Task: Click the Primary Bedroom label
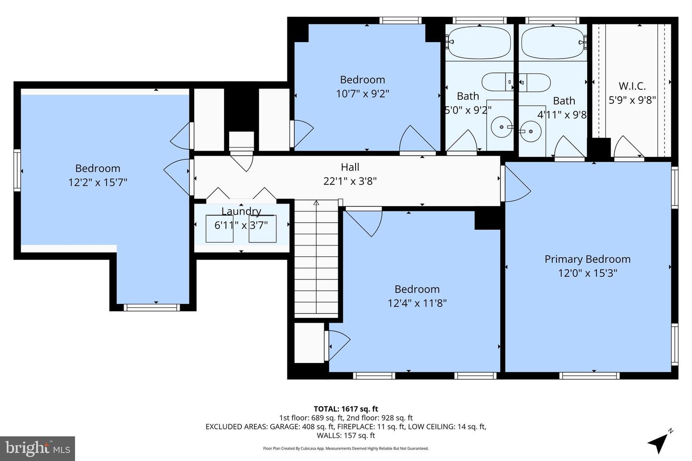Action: click(x=587, y=259)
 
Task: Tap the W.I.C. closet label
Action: click(x=632, y=86)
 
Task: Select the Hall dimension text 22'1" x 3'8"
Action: click(x=350, y=182)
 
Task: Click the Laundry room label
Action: click(x=241, y=211)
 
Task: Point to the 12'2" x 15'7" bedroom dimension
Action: click(x=98, y=182)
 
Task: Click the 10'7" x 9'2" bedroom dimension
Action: click(x=362, y=94)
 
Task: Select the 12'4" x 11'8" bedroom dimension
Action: click(x=417, y=303)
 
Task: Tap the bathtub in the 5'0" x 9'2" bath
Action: click(x=479, y=42)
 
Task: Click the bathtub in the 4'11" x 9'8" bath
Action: click(x=553, y=42)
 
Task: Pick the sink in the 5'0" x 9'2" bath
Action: click(x=502, y=127)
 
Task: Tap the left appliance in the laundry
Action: click(x=220, y=229)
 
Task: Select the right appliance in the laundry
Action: click(x=262, y=229)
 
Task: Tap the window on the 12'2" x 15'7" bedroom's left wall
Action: click(x=17, y=170)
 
